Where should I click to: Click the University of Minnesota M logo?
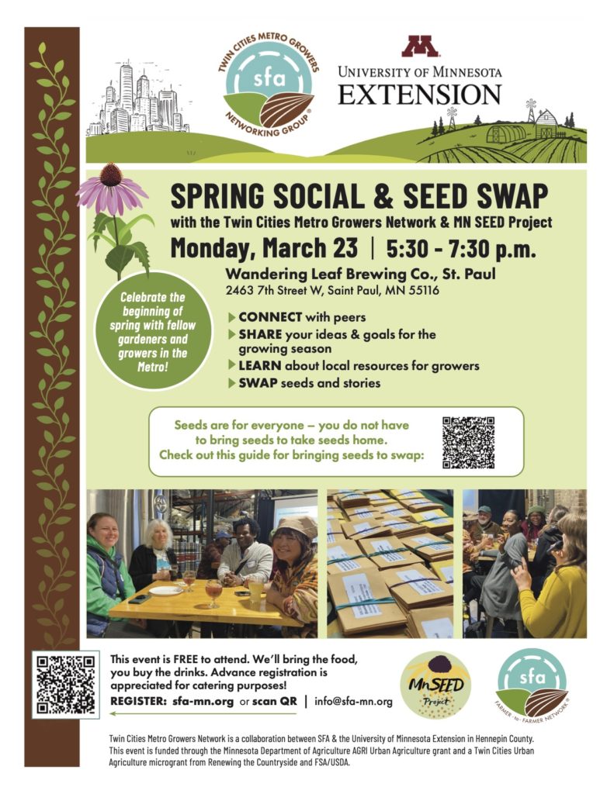[420, 47]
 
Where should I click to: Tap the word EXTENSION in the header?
[420, 94]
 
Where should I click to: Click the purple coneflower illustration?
[112, 190]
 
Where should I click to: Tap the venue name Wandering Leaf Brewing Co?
[329, 274]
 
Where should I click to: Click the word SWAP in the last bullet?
[257, 382]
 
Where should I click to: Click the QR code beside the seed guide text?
[468, 442]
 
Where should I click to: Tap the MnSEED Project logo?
[435, 684]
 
